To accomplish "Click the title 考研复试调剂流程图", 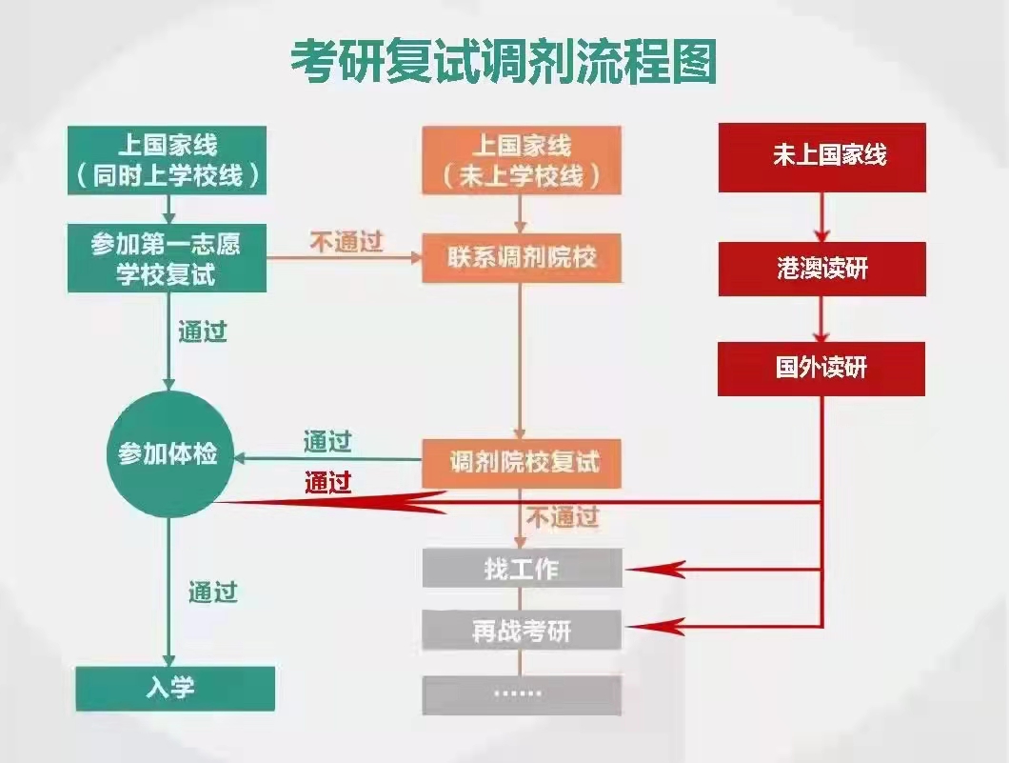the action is tap(504, 63).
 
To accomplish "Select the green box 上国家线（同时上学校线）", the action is tap(168, 160).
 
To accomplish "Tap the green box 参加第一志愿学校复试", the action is tap(168, 258).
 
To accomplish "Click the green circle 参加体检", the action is tap(168, 454).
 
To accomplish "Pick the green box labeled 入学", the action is tap(175, 689).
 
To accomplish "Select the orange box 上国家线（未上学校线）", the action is tap(522, 160).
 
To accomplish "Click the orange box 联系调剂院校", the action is tap(522, 258).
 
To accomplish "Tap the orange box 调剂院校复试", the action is tap(522, 463).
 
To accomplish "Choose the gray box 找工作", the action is tap(522, 568).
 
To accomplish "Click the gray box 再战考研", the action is tap(522, 631).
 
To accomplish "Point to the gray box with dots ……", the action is tap(522, 694).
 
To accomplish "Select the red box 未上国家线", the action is tap(822, 158).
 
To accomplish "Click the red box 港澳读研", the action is tap(822, 270).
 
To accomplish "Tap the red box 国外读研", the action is tap(821, 369).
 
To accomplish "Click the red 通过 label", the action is tap(328, 482).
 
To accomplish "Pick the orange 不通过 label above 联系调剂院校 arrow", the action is tap(346, 242).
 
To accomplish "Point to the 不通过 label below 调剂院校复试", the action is tap(564, 516).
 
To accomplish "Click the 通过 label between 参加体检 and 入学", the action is tap(213, 592).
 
